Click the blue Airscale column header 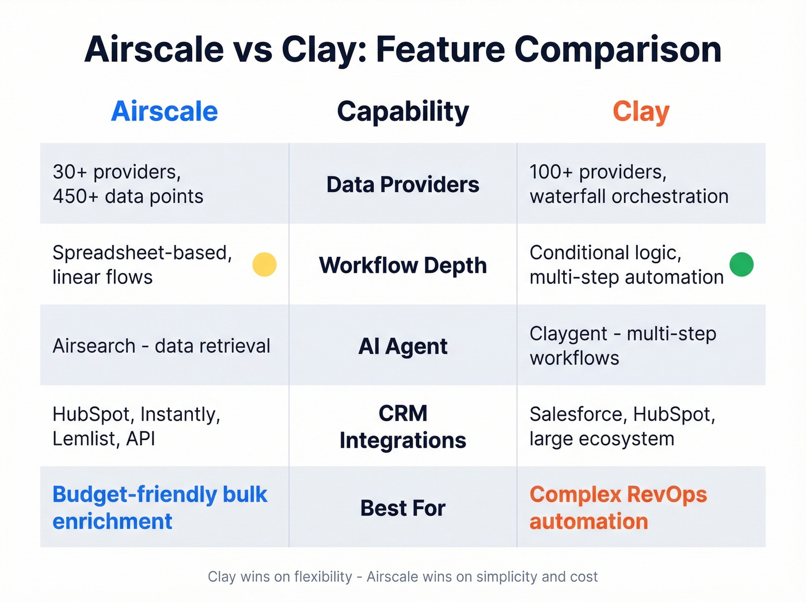coord(164,111)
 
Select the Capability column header coord(403,112)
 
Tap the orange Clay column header coord(641,112)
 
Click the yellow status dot coord(265,264)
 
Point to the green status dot coord(742,264)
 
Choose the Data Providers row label coord(403,184)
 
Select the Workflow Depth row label coord(403,266)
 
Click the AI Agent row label coord(403,346)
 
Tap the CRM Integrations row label coord(403,427)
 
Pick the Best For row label coord(403,508)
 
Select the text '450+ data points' coord(128,196)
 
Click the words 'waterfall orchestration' coord(629,196)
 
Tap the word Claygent coord(568,334)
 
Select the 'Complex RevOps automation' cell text coord(618,508)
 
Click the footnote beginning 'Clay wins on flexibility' coord(403,577)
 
